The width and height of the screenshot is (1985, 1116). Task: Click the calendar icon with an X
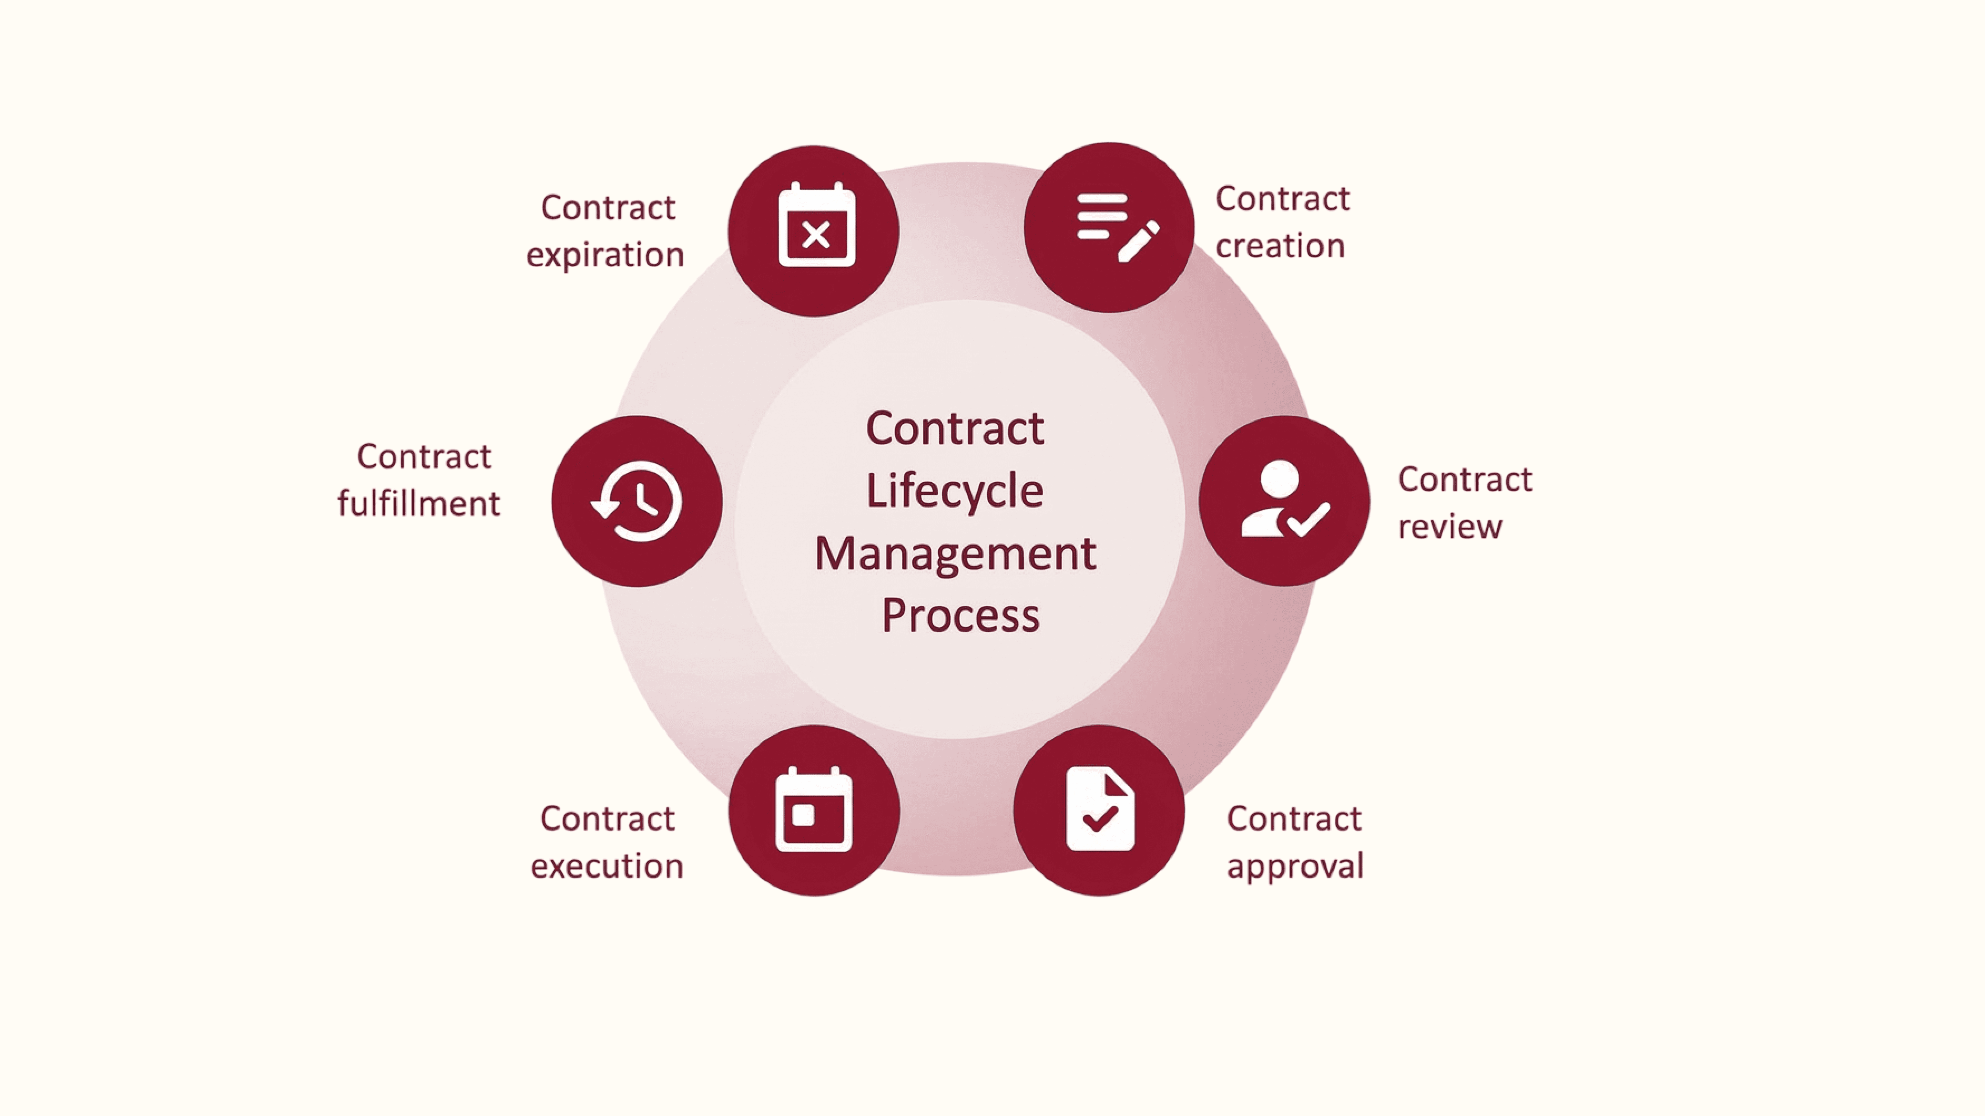[x=816, y=226]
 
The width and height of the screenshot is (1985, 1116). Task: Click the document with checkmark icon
[x=1100, y=809]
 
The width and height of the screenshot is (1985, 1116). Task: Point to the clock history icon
[x=637, y=502]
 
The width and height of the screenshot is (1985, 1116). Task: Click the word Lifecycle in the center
[x=955, y=492]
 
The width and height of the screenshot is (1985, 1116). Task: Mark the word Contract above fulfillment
[x=424, y=457]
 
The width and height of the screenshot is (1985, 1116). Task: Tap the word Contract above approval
[x=1294, y=819]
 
